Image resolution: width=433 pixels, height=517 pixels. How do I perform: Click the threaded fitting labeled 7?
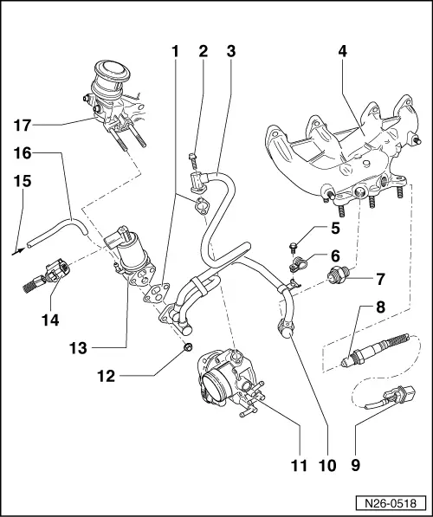point(333,279)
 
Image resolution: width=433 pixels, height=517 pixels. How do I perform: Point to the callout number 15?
point(22,182)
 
